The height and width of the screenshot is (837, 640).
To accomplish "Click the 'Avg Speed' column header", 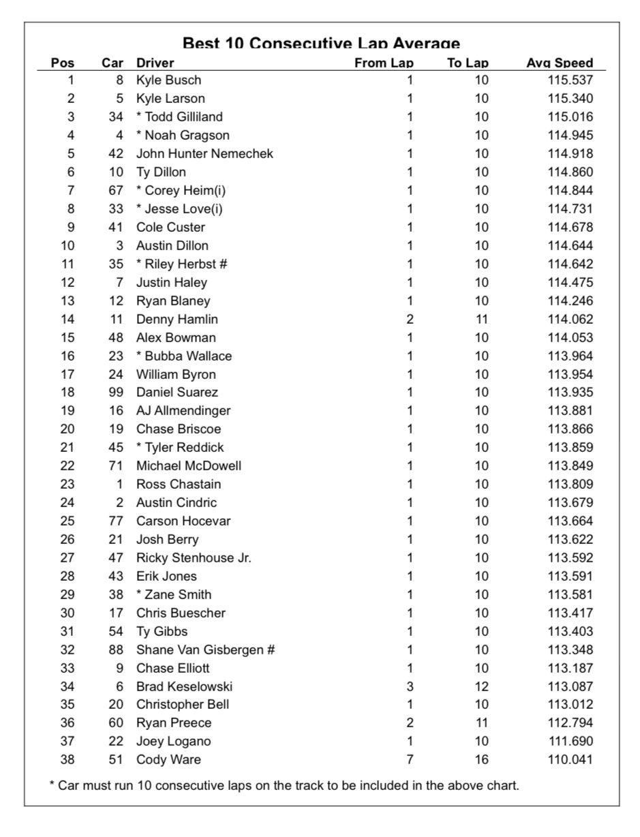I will click(559, 63).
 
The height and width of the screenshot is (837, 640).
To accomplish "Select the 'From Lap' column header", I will click(384, 63).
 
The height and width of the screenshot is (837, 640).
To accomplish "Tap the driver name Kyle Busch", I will click(168, 80).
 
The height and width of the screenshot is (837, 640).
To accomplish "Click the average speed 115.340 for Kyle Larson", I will click(570, 98).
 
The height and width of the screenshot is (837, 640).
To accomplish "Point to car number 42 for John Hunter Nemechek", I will click(116, 153).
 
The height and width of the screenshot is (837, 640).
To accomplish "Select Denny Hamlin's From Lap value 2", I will click(410, 319).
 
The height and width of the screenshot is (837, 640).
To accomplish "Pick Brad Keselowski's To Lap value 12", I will click(481, 686).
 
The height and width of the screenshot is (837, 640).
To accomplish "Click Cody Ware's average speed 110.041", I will click(570, 759).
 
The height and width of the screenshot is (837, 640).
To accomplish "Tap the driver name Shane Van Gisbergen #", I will click(205, 650).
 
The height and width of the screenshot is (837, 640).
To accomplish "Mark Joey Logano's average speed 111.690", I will click(570, 741).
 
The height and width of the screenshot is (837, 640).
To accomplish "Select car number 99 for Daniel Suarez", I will click(116, 392).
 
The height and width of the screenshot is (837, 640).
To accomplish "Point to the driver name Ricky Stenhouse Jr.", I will click(194, 558).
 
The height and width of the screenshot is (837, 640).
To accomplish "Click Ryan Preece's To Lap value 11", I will click(481, 722).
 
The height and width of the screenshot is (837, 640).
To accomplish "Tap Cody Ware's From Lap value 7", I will click(410, 759).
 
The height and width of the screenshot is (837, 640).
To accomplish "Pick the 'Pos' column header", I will click(63, 63).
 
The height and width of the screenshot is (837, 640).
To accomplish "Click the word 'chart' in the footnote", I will click(503, 785).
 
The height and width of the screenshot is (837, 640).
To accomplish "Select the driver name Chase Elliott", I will click(173, 668).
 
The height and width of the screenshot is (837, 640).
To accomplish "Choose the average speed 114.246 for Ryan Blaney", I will click(570, 301).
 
